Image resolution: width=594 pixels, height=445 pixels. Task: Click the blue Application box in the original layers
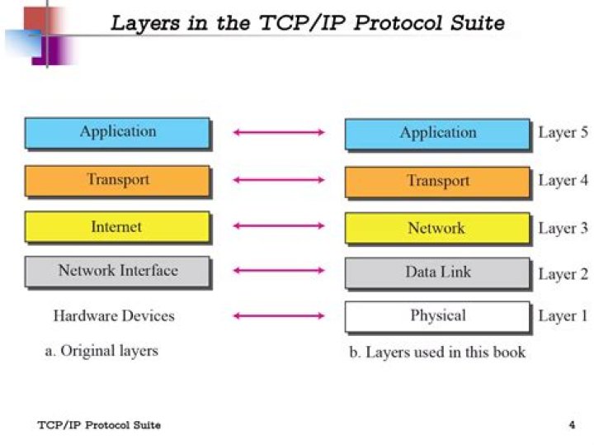coord(117,132)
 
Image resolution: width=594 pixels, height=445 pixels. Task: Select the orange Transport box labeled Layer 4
coord(437,181)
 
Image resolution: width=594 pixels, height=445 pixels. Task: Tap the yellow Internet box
coord(117,227)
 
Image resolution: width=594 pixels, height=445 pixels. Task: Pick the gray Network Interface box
coord(117,271)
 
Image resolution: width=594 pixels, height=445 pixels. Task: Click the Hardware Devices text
coord(114,315)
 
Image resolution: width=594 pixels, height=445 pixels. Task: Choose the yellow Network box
coord(437,228)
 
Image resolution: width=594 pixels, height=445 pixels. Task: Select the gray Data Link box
coord(437,272)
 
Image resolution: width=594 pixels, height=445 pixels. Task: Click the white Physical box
coord(437,315)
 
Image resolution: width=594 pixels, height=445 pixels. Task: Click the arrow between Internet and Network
coord(279,225)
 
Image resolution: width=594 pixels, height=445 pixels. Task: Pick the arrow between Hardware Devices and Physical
coord(279,315)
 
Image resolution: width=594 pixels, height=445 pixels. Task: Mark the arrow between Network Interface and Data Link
coord(279,271)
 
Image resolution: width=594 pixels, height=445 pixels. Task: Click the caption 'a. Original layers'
coord(101,351)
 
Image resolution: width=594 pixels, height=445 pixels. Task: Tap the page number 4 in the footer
coord(572,425)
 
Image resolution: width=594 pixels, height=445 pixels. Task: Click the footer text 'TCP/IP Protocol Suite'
coord(99,425)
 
